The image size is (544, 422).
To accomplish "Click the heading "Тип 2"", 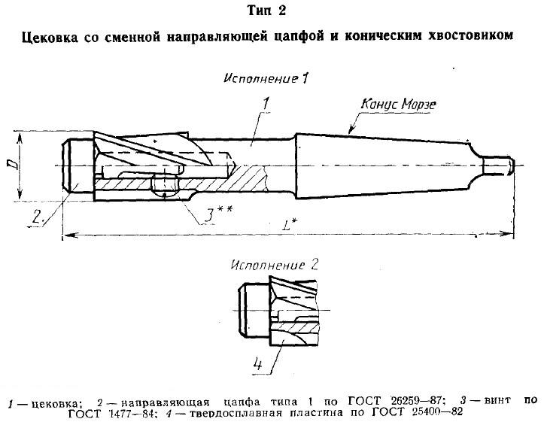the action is (267, 11).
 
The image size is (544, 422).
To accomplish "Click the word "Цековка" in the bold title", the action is (50, 36).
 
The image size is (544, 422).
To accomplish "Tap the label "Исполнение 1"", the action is (266, 78).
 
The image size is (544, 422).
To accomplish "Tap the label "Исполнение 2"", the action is (275, 266).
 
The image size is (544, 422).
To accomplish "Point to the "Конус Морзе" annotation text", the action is (399, 104).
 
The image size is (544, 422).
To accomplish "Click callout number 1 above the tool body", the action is (266, 104).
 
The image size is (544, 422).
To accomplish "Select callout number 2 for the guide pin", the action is (38, 217).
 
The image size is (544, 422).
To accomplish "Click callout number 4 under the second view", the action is (258, 364).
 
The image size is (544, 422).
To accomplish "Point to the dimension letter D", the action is (11, 165).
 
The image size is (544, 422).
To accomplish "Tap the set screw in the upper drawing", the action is (165, 186).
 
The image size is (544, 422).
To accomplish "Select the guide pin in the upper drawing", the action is (78, 165).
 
